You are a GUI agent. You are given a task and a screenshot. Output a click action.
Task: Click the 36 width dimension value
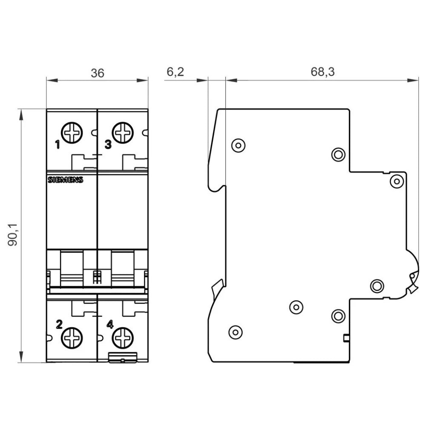tap(97, 73)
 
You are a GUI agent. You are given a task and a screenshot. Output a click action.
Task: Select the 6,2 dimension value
tap(175, 72)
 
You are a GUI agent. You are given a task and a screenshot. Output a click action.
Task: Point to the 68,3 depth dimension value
tap(322, 72)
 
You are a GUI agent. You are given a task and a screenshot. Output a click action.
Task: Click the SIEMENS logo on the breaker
tap(65, 180)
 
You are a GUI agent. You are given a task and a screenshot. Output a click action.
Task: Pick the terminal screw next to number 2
tap(72, 339)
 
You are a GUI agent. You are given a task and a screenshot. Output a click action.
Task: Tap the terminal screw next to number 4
tap(123, 339)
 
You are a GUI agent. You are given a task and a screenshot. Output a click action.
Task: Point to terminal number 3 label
tap(108, 145)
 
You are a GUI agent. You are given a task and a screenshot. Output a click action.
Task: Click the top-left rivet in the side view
tap(239, 145)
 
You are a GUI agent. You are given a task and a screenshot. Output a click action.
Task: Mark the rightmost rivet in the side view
tap(397, 181)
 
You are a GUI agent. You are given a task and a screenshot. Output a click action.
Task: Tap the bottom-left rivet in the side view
tap(236, 331)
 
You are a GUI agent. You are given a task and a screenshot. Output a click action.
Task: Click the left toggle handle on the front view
tap(72, 268)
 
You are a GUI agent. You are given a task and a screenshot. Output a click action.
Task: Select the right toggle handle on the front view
tap(123, 268)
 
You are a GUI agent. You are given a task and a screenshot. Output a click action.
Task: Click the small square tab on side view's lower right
tap(346, 339)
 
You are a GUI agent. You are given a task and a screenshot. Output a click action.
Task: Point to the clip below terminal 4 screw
tap(123, 358)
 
